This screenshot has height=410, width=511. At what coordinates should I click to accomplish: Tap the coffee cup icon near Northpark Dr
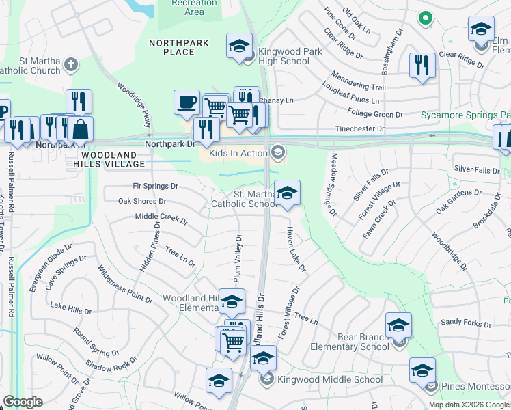pyautogui.click(x=187, y=103)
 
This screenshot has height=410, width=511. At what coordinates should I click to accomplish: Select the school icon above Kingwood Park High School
pyautogui.click(x=239, y=46)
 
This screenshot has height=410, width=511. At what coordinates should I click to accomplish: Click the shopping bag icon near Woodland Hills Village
pyautogui.click(x=80, y=128)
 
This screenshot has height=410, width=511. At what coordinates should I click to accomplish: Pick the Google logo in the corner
pyautogui.click(x=23, y=402)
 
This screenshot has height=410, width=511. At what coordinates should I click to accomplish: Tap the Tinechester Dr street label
pyautogui.click(x=359, y=128)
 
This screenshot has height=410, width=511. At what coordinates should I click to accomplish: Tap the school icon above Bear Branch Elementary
pyautogui.click(x=398, y=325)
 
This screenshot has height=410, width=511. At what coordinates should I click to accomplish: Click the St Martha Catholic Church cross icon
pyautogui.click(x=71, y=66)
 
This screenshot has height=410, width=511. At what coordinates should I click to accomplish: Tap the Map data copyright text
pyautogui.click(x=469, y=405)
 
